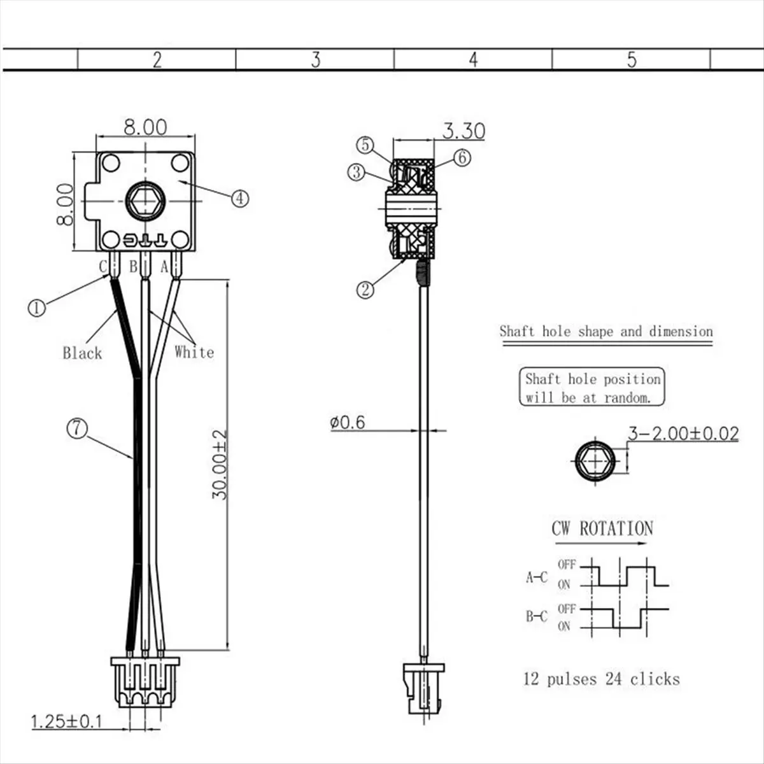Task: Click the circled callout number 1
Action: [37, 308]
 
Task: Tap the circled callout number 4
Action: [240, 198]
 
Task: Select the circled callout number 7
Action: [77, 428]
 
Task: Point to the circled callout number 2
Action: [365, 290]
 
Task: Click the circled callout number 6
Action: [462, 158]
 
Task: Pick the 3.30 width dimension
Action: [463, 131]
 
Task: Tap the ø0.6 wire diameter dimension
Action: [348, 423]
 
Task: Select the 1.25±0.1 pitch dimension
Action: [67, 721]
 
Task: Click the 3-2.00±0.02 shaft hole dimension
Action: [684, 434]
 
